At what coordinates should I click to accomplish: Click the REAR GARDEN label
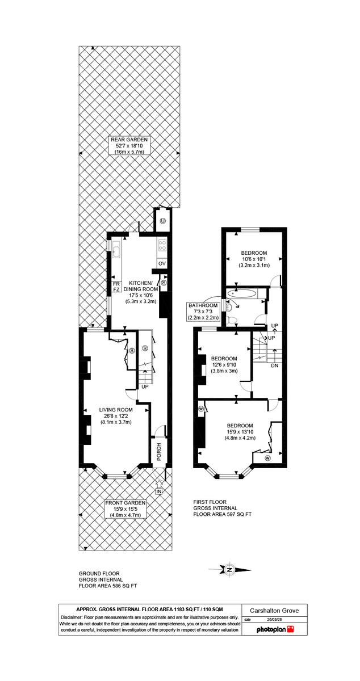pyautogui.click(x=129, y=146)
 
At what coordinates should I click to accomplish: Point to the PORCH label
pyautogui.click(x=160, y=451)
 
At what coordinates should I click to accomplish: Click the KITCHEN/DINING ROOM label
pyautogui.click(x=140, y=289)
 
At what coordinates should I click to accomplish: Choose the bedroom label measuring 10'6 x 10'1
pyautogui.click(x=254, y=259)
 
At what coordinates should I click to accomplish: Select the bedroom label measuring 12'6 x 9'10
pyautogui.click(x=224, y=364)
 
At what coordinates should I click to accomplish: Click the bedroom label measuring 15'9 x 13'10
pyautogui.click(x=240, y=432)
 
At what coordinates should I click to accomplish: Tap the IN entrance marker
pyautogui.click(x=159, y=491)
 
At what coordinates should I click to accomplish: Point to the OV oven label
pyautogui.click(x=161, y=263)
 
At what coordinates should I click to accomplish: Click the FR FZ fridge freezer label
pyautogui.click(x=116, y=286)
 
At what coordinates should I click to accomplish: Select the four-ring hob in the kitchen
pyautogui.click(x=162, y=246)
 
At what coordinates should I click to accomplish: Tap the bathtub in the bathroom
pyautogui.click(x=242, y=294)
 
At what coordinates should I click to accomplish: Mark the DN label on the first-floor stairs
pyautogui.click(x=274, y=365)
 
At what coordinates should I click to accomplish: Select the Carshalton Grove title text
pyautogui.click(x=275, y=611)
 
